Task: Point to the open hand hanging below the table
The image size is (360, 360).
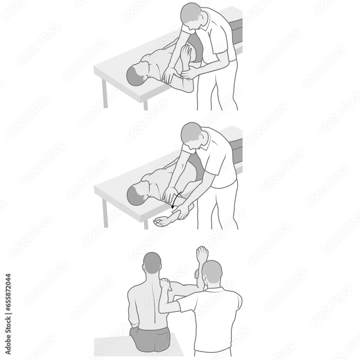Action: (x=161, y=222)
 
